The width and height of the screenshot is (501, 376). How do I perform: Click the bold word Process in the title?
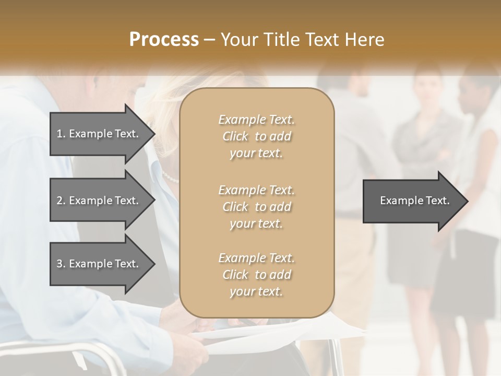(164, 39)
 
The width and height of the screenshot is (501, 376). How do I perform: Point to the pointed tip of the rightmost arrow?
(467, 201)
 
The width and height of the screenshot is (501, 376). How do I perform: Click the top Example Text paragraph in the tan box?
(256, 136)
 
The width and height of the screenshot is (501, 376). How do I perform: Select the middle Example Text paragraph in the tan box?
(256, 207)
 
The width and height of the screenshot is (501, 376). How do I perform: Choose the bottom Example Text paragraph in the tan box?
(256, 275)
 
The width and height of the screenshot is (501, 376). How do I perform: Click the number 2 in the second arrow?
(59, 201)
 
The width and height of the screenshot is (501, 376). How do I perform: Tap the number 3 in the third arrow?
(59, 264)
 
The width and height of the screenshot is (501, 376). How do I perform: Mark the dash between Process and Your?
(210, 40)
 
